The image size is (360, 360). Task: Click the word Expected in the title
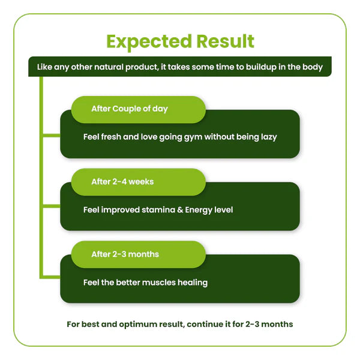coord(149,42)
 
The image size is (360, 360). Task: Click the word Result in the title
coord(226,41)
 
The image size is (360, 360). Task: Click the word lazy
coord(269,137)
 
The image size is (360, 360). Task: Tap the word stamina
coord(158,210)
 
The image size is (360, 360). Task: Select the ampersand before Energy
coord(180,210)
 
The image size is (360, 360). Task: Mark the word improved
coord(121,211)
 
